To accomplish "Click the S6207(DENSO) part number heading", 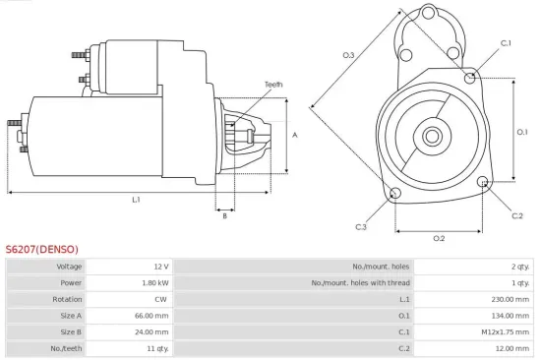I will (42, 249).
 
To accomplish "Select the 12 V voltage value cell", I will (161, 266).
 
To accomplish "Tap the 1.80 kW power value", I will (156, 282).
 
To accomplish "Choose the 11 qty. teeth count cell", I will (157, 349).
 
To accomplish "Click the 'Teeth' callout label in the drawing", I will (272, 85).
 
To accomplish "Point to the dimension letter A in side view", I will (295, 135).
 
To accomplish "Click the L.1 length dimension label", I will (136, 200).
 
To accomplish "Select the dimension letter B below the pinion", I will (225, 216).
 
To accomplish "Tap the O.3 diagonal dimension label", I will (348, 55).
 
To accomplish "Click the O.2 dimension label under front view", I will (439, 238).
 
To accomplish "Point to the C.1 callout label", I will (506, 43).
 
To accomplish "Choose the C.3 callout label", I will (361, 227).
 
